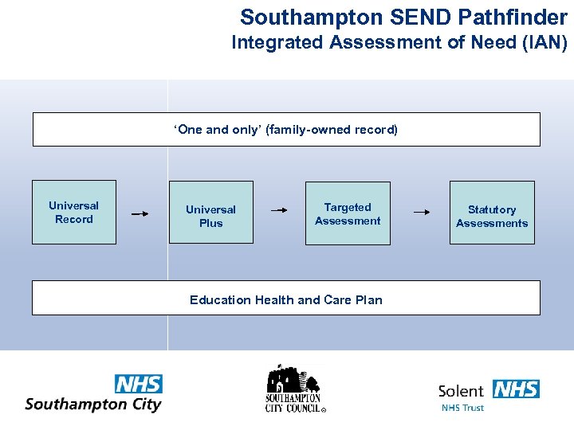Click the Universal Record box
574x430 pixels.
click(74, 212)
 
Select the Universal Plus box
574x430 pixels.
click(210, 212)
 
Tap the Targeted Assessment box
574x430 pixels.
click(348, 213)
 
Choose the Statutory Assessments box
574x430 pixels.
click(492, 216)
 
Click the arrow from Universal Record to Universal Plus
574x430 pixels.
click(140, 213)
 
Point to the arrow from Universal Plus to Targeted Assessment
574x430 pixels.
click(279, 211)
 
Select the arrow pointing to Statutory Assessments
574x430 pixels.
click(422, 212)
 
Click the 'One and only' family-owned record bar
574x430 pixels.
click(285, 129)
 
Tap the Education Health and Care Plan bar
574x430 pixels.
click(285, 299)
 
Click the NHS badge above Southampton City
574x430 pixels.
click(139, 384)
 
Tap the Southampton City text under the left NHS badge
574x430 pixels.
click(93, 404)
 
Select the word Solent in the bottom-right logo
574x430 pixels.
click(461, 391)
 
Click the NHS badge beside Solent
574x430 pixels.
click(516, 389)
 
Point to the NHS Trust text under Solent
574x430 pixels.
click(462, 408)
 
